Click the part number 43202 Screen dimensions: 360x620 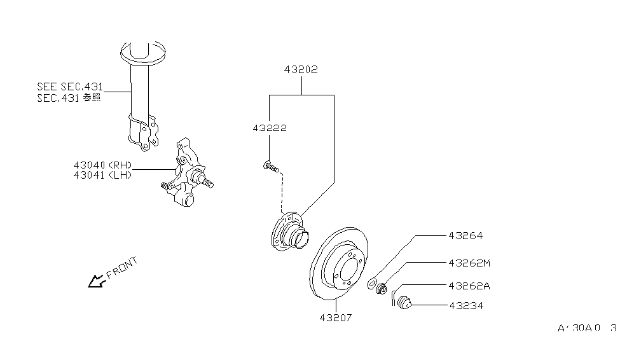301,69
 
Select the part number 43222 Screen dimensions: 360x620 269,128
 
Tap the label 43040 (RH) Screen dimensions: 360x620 102,165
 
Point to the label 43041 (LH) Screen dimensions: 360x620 102,175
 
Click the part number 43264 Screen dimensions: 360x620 465,235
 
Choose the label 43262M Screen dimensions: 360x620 469,262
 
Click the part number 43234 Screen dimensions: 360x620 465,305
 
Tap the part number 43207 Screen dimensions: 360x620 336,316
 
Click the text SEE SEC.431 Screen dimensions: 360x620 70,87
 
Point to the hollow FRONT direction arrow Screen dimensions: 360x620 96,280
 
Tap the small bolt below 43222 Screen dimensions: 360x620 270,167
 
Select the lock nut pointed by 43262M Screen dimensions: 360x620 382,290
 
